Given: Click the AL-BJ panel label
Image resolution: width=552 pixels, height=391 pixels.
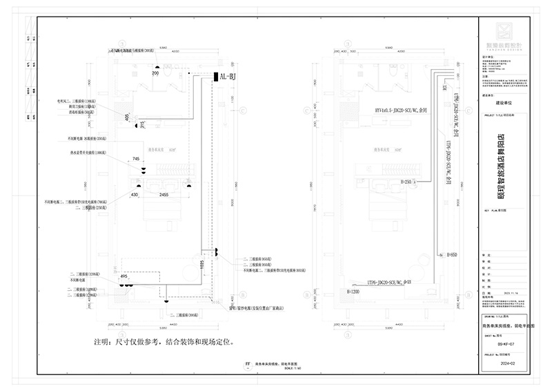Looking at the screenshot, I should (228, 77).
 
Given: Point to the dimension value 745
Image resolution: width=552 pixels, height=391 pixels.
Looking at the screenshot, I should (136, 159).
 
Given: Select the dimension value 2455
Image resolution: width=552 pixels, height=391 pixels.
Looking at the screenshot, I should (164, 195).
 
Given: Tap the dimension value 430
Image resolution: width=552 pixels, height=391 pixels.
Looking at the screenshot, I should (135, 195).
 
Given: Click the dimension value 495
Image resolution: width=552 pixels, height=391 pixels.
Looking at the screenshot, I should (124, 276).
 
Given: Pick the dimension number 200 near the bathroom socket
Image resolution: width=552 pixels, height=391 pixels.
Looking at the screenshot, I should (155, 73).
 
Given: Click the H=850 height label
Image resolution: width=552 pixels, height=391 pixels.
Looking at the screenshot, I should (453, 255).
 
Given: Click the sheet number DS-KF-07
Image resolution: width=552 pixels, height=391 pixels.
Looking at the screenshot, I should (506, 341).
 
